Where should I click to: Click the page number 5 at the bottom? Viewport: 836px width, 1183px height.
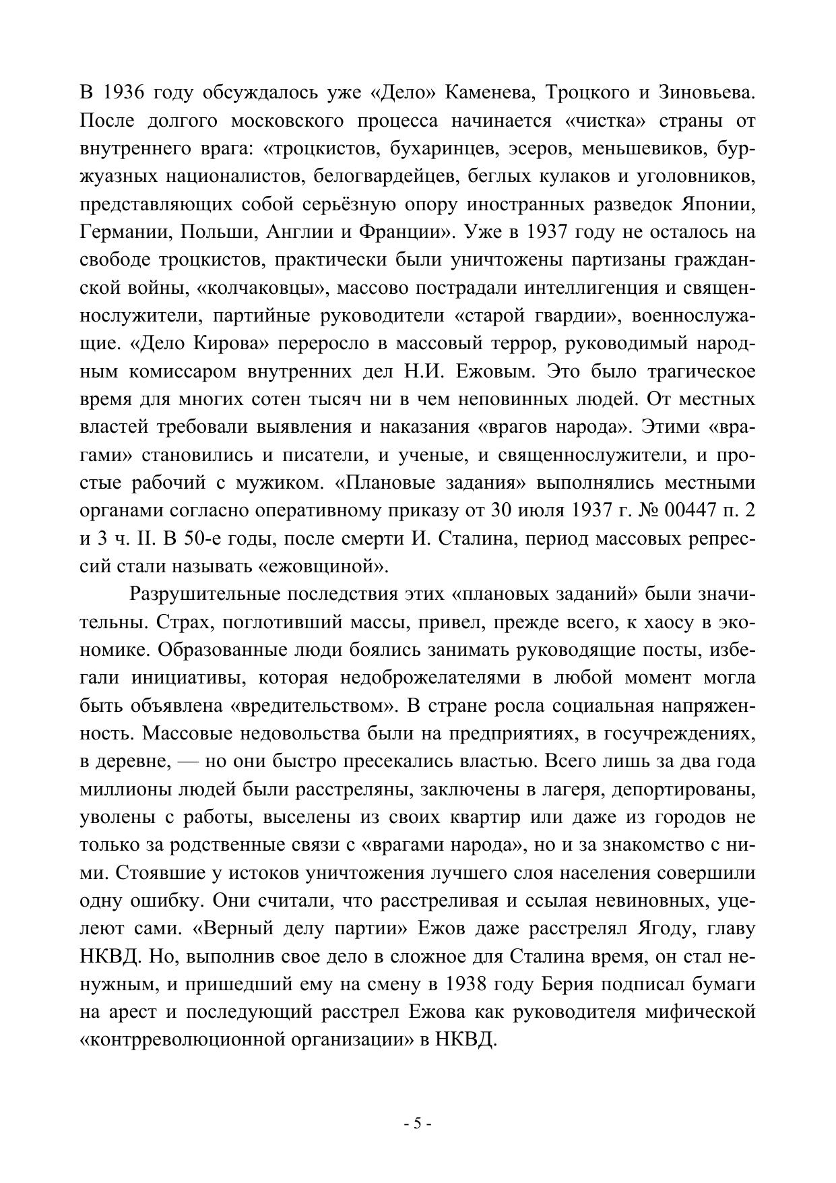pyautogui.click(x=418, y=1124)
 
